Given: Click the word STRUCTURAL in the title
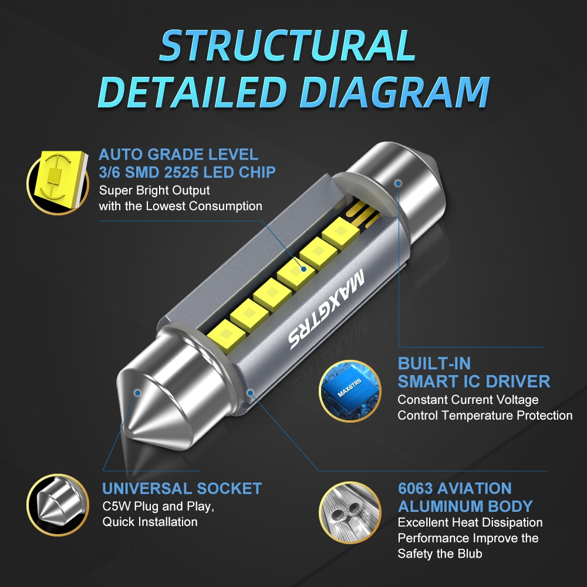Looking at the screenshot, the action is [x=288, y=45].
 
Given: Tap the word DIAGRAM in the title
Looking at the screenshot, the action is [x=394, y=92].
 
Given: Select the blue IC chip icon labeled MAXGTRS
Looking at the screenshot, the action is [x=350, y=391].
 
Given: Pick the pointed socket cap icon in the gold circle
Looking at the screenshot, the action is [x=58, y=505].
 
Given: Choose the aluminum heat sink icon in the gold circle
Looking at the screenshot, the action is [x=350, y=512].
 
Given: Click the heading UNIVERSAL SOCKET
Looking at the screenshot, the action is [x=182, y=488].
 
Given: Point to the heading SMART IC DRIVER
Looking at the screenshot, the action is [x=474, y=382].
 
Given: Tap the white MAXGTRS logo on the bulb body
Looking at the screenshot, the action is [x=326, y=309].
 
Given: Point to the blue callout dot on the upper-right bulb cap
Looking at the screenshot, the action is [x=399, y=183].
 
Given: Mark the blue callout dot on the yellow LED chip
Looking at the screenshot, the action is [x=303, y=269].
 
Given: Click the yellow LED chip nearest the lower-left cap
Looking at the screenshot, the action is [x=226, y=336].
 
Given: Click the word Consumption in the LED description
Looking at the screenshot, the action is [x=225, y=206].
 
